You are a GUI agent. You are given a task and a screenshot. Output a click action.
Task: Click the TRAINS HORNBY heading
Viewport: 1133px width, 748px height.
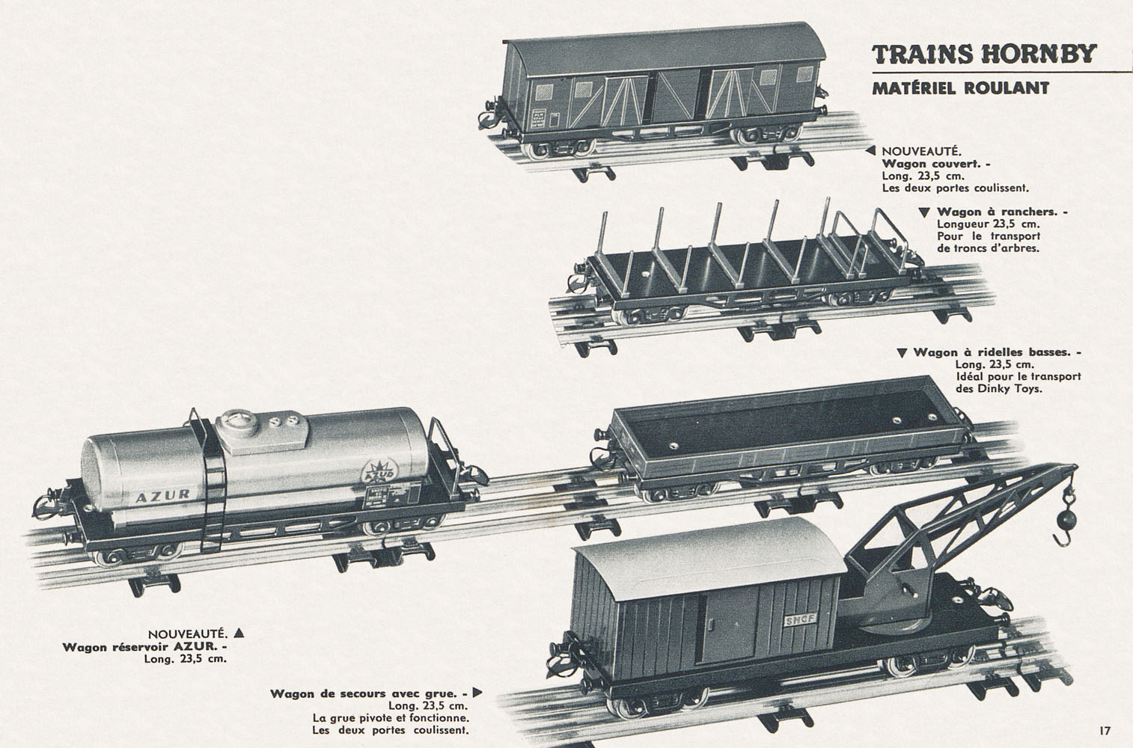(984, 54)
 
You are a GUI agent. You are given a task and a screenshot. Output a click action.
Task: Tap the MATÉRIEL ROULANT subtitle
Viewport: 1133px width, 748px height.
(961, 88)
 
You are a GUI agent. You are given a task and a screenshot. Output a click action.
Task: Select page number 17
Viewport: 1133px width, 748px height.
(1105, 731)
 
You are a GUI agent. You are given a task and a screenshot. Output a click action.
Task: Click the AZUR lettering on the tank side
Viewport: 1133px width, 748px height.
(162, 496)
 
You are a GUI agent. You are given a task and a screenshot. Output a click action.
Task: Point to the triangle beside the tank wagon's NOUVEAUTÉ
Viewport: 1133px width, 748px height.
(239, 633)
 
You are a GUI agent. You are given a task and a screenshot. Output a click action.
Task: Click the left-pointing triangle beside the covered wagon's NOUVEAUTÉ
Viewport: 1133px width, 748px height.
(870, 150)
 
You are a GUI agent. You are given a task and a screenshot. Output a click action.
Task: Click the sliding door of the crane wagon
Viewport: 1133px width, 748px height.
(727, 628)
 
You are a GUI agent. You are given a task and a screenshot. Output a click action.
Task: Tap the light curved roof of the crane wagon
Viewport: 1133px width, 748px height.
(708, 559)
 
